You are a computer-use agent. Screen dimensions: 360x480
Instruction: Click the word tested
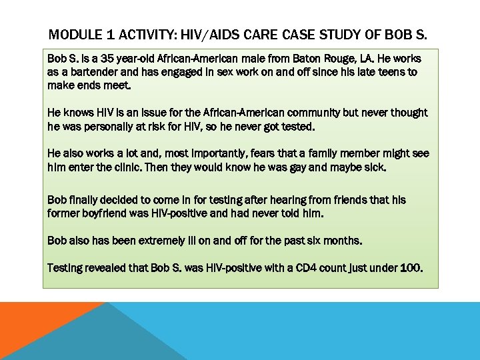click(x=298, y=126)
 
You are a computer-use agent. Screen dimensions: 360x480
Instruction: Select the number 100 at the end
click(x=411, y=268)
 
